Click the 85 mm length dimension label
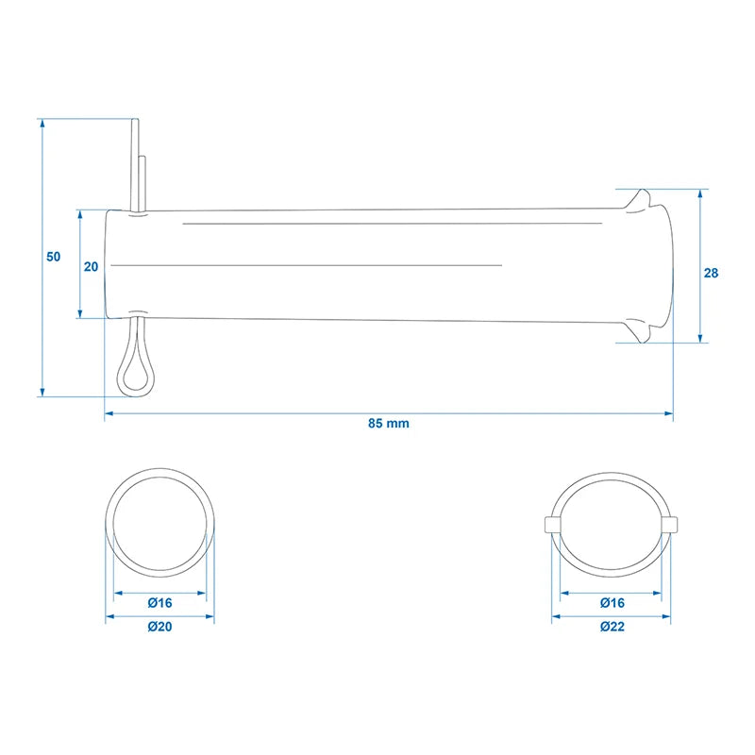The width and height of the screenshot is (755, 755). pyautogui.click(x=389, y=423)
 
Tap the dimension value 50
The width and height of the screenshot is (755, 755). pyautogui.click(x=54, y=257)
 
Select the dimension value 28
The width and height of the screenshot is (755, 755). pyautogui.click(x=711, y=273)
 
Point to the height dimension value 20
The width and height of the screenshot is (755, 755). pyautogui.click(x=91, y=267)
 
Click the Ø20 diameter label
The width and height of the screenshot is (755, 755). pyautogui.click(x=159, y=627)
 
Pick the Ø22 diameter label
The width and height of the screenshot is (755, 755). pyautogui.click(x=612, y=627)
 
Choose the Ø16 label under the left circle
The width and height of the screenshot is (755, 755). pyautogui.click(x=159, y=603)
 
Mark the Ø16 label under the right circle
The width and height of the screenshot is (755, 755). pyautogui.click(x=612, y=603)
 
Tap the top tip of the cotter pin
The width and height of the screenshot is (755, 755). pyautogui.click(x=135, y=120)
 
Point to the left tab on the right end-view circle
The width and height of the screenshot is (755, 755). pyautogui.click(x=552, y=525)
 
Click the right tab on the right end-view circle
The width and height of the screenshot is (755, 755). pyautogui.click(x=670, y=525)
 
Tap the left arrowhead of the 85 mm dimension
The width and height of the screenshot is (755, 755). pyautogui.click(x=109, y=413)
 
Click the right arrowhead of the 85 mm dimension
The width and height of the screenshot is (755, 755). pyautogui.click(x=668, y=413)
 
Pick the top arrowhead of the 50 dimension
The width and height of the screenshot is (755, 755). pyautogui.click(x=42, y=124)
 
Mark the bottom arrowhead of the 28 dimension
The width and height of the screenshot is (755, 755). pyautogui.click(x=700, y=338)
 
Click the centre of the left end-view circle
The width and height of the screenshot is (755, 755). pyautogui.click(x=159, y=523)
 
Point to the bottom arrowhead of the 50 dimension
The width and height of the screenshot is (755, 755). pyautogui.click(x=42, y=392)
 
